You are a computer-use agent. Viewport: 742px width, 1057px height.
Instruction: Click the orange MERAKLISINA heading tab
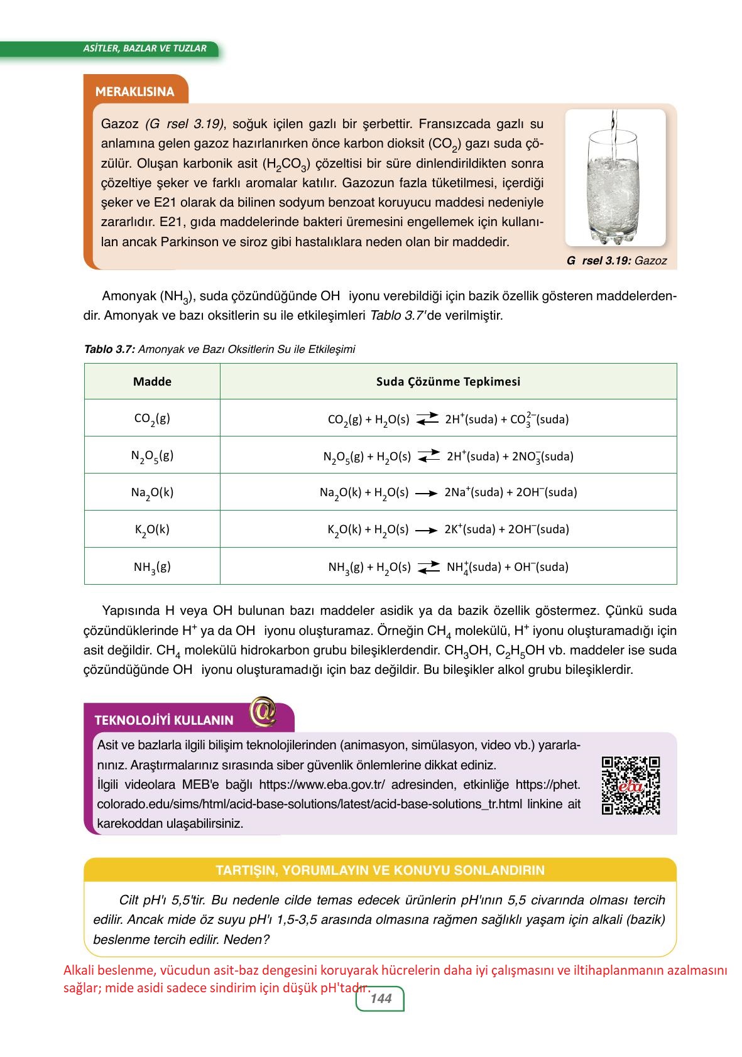click(134, 92)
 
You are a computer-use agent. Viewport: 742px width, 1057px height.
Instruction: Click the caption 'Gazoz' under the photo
click(650, 261)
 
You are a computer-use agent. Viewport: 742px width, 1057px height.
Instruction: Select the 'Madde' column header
click(152, 381)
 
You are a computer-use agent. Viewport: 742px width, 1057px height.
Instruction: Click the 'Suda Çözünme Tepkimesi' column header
click(448, 381)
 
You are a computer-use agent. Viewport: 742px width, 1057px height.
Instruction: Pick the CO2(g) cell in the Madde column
click(152, 418)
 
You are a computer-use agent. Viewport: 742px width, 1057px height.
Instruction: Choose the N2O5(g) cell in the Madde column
click(152, 455)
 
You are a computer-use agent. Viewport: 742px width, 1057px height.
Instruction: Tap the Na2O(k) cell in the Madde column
click(152, 492)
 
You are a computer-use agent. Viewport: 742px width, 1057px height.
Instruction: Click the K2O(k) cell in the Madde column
click(152, 529)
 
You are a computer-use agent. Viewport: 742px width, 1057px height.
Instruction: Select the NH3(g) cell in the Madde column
click(152, 566)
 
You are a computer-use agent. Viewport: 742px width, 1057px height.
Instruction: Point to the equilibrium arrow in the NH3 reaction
click(428, 567)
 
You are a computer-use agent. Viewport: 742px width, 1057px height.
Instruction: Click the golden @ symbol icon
click(263, 712)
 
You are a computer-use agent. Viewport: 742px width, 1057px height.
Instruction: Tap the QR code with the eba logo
click(630, 785)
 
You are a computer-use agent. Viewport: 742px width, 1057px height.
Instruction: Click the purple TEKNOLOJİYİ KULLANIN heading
click(164, 720)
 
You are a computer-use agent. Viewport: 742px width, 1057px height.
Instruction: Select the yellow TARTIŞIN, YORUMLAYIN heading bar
click(379, 870)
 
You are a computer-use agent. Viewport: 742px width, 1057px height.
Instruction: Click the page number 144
click(381, 999)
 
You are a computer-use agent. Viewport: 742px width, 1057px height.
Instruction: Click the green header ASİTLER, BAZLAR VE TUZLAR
click(145, 48)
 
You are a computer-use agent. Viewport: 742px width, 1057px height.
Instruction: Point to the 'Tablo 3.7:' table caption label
click(109, 349)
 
